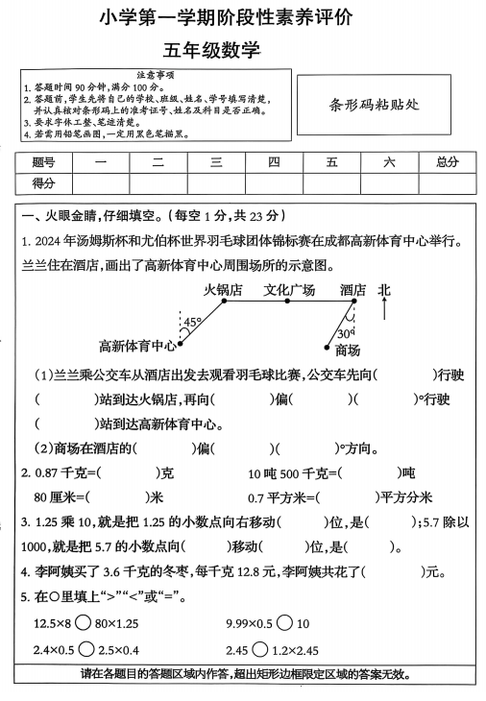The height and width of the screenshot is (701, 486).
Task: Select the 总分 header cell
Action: click(x=447, y=161)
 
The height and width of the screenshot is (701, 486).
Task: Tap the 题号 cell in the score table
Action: click(x=43, y=161)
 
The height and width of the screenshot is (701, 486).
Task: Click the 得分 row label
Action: click(x=43, y=182)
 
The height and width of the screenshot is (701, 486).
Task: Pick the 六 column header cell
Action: click(x=388, y=161)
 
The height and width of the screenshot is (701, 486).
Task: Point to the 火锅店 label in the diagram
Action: click(x=222, y=289)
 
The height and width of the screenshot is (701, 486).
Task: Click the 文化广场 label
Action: click(x=289, y=289)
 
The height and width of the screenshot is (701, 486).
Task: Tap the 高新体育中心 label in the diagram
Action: click(x=137, y=346)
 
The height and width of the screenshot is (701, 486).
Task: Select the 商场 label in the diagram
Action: click(x=348, y=350)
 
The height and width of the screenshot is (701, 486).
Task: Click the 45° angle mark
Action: click(x=192, y=323)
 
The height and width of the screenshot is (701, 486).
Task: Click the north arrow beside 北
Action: click(x=384, y=309)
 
